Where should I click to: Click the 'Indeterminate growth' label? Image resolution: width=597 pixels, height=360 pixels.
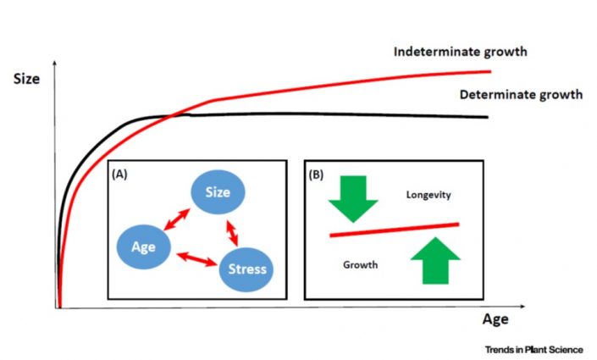[x=461, y=52]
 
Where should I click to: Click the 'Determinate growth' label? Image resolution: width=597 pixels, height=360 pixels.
[x=521, y=94]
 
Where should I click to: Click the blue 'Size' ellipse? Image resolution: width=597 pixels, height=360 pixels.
[x=218, y=192]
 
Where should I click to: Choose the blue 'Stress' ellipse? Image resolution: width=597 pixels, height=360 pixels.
[x=246, y=269]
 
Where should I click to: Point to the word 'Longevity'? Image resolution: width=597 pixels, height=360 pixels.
[x=427, y=196]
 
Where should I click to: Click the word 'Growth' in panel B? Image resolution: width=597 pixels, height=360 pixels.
[x=360, y=265]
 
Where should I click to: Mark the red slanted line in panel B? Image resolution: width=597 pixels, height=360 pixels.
[x=394, y=229]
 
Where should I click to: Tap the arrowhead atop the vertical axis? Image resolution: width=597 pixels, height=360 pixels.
[x=55, y=64]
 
